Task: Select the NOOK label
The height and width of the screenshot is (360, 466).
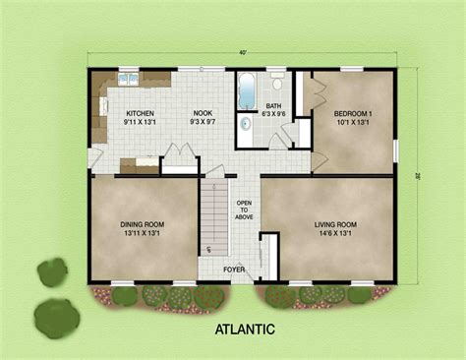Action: (202, 113)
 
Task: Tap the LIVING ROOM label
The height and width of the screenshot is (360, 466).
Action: (334, 224)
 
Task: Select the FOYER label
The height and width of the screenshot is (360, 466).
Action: (234, 268)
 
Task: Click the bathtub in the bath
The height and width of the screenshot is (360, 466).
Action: (246, 91)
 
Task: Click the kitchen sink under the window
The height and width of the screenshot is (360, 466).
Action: (129, 78)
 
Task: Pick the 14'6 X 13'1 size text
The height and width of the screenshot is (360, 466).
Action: (334, 234)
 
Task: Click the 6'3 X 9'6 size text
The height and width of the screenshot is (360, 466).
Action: (274, 113)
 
